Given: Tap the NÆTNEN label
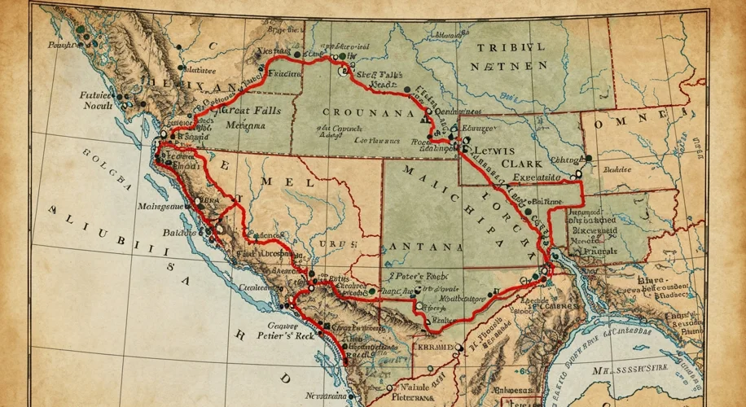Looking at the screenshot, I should point(511,64).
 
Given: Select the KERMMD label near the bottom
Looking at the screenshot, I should point(433,348).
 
